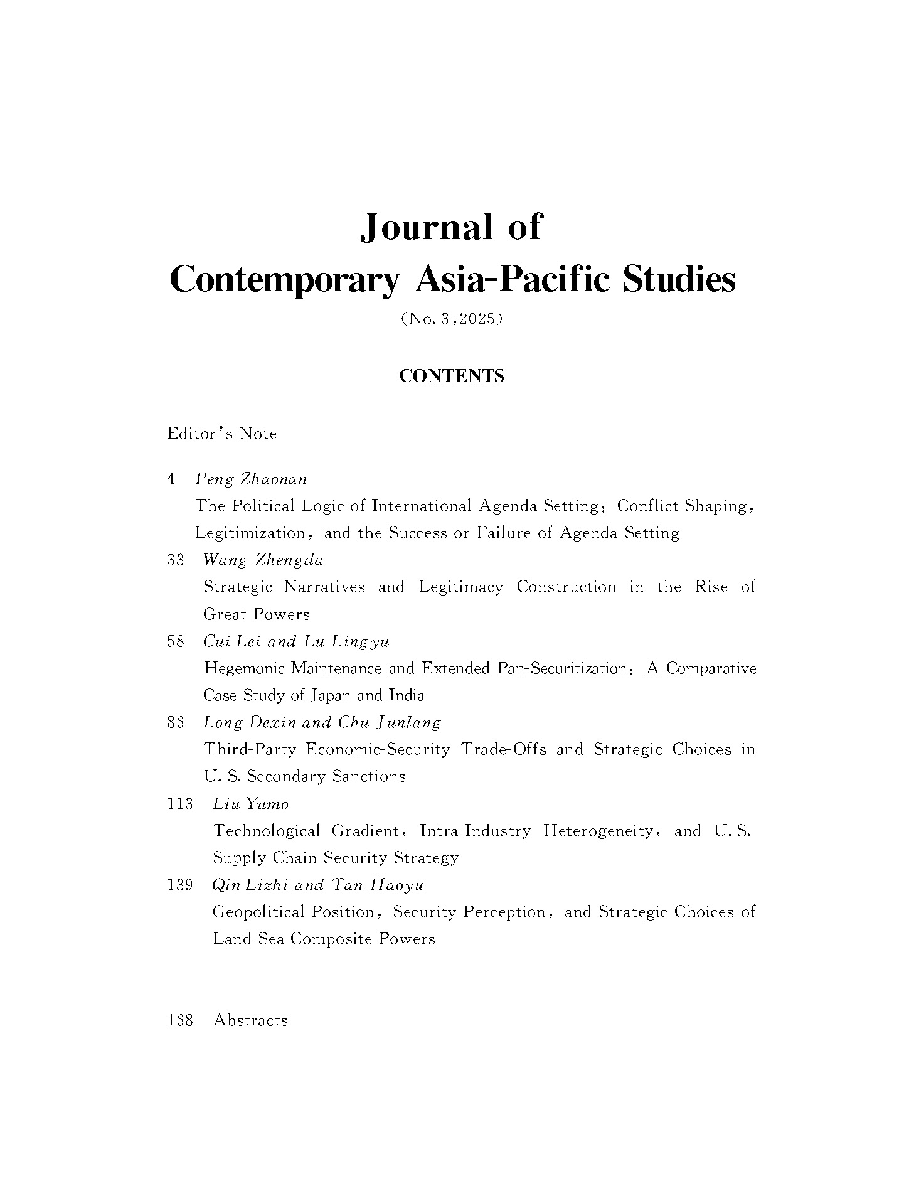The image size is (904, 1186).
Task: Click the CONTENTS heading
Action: [x=452, y=376]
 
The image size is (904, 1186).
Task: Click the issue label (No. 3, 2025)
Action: [x=452, y=319]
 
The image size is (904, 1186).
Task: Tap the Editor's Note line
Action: [x=221, y=434]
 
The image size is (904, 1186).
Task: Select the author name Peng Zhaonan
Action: [x=251, y=479]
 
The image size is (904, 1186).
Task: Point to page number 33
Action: [x=176, y=560]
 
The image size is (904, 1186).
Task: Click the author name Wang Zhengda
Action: [x=263, y=560]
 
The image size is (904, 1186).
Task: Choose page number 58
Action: [x=176, y=641]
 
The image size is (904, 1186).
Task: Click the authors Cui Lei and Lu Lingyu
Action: [x=296, y=641]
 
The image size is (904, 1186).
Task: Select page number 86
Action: [x=176, y=722]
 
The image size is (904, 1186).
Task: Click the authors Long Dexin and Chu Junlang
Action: [x=322, y=722]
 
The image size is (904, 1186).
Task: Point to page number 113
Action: [x=181, y=803]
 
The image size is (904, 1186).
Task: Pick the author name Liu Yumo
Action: [x=251, y=803]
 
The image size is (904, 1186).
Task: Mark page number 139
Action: [x=181, y=885]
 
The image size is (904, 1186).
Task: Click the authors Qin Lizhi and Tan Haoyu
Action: [x=319, y=885]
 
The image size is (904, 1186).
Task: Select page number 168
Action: [x=181, y=1020]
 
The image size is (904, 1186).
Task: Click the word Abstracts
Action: [x=250, y=1020]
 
